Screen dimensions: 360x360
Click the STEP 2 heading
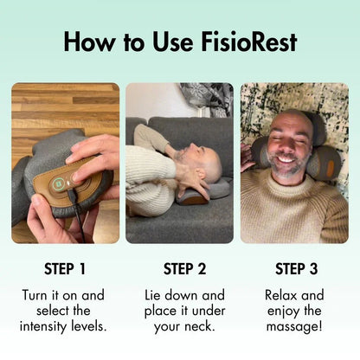(179, 268)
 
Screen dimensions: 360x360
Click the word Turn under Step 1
(38, 295)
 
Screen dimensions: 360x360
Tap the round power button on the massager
(58, 183)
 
